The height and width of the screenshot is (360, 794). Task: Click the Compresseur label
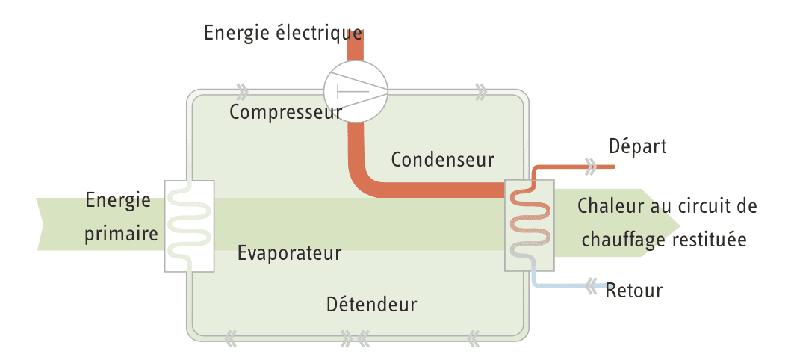pos(285,113)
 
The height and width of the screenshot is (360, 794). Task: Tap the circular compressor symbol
pos(356,93)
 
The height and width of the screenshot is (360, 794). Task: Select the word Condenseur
pos(442,159)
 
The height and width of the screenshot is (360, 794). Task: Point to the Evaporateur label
pos(289,253)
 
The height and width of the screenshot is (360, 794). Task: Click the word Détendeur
pos(371,305)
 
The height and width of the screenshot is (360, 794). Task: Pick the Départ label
pos(637,146)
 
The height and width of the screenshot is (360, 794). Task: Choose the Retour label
pos(634,290)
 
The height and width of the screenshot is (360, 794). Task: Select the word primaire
pos(121,234)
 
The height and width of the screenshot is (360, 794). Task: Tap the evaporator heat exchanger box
pos(189,226)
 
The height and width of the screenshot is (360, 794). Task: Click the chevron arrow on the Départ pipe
pos(590,166)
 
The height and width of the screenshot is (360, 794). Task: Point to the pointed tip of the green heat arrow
pos(678,223)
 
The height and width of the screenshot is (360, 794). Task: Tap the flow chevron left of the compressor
pos(241,93)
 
